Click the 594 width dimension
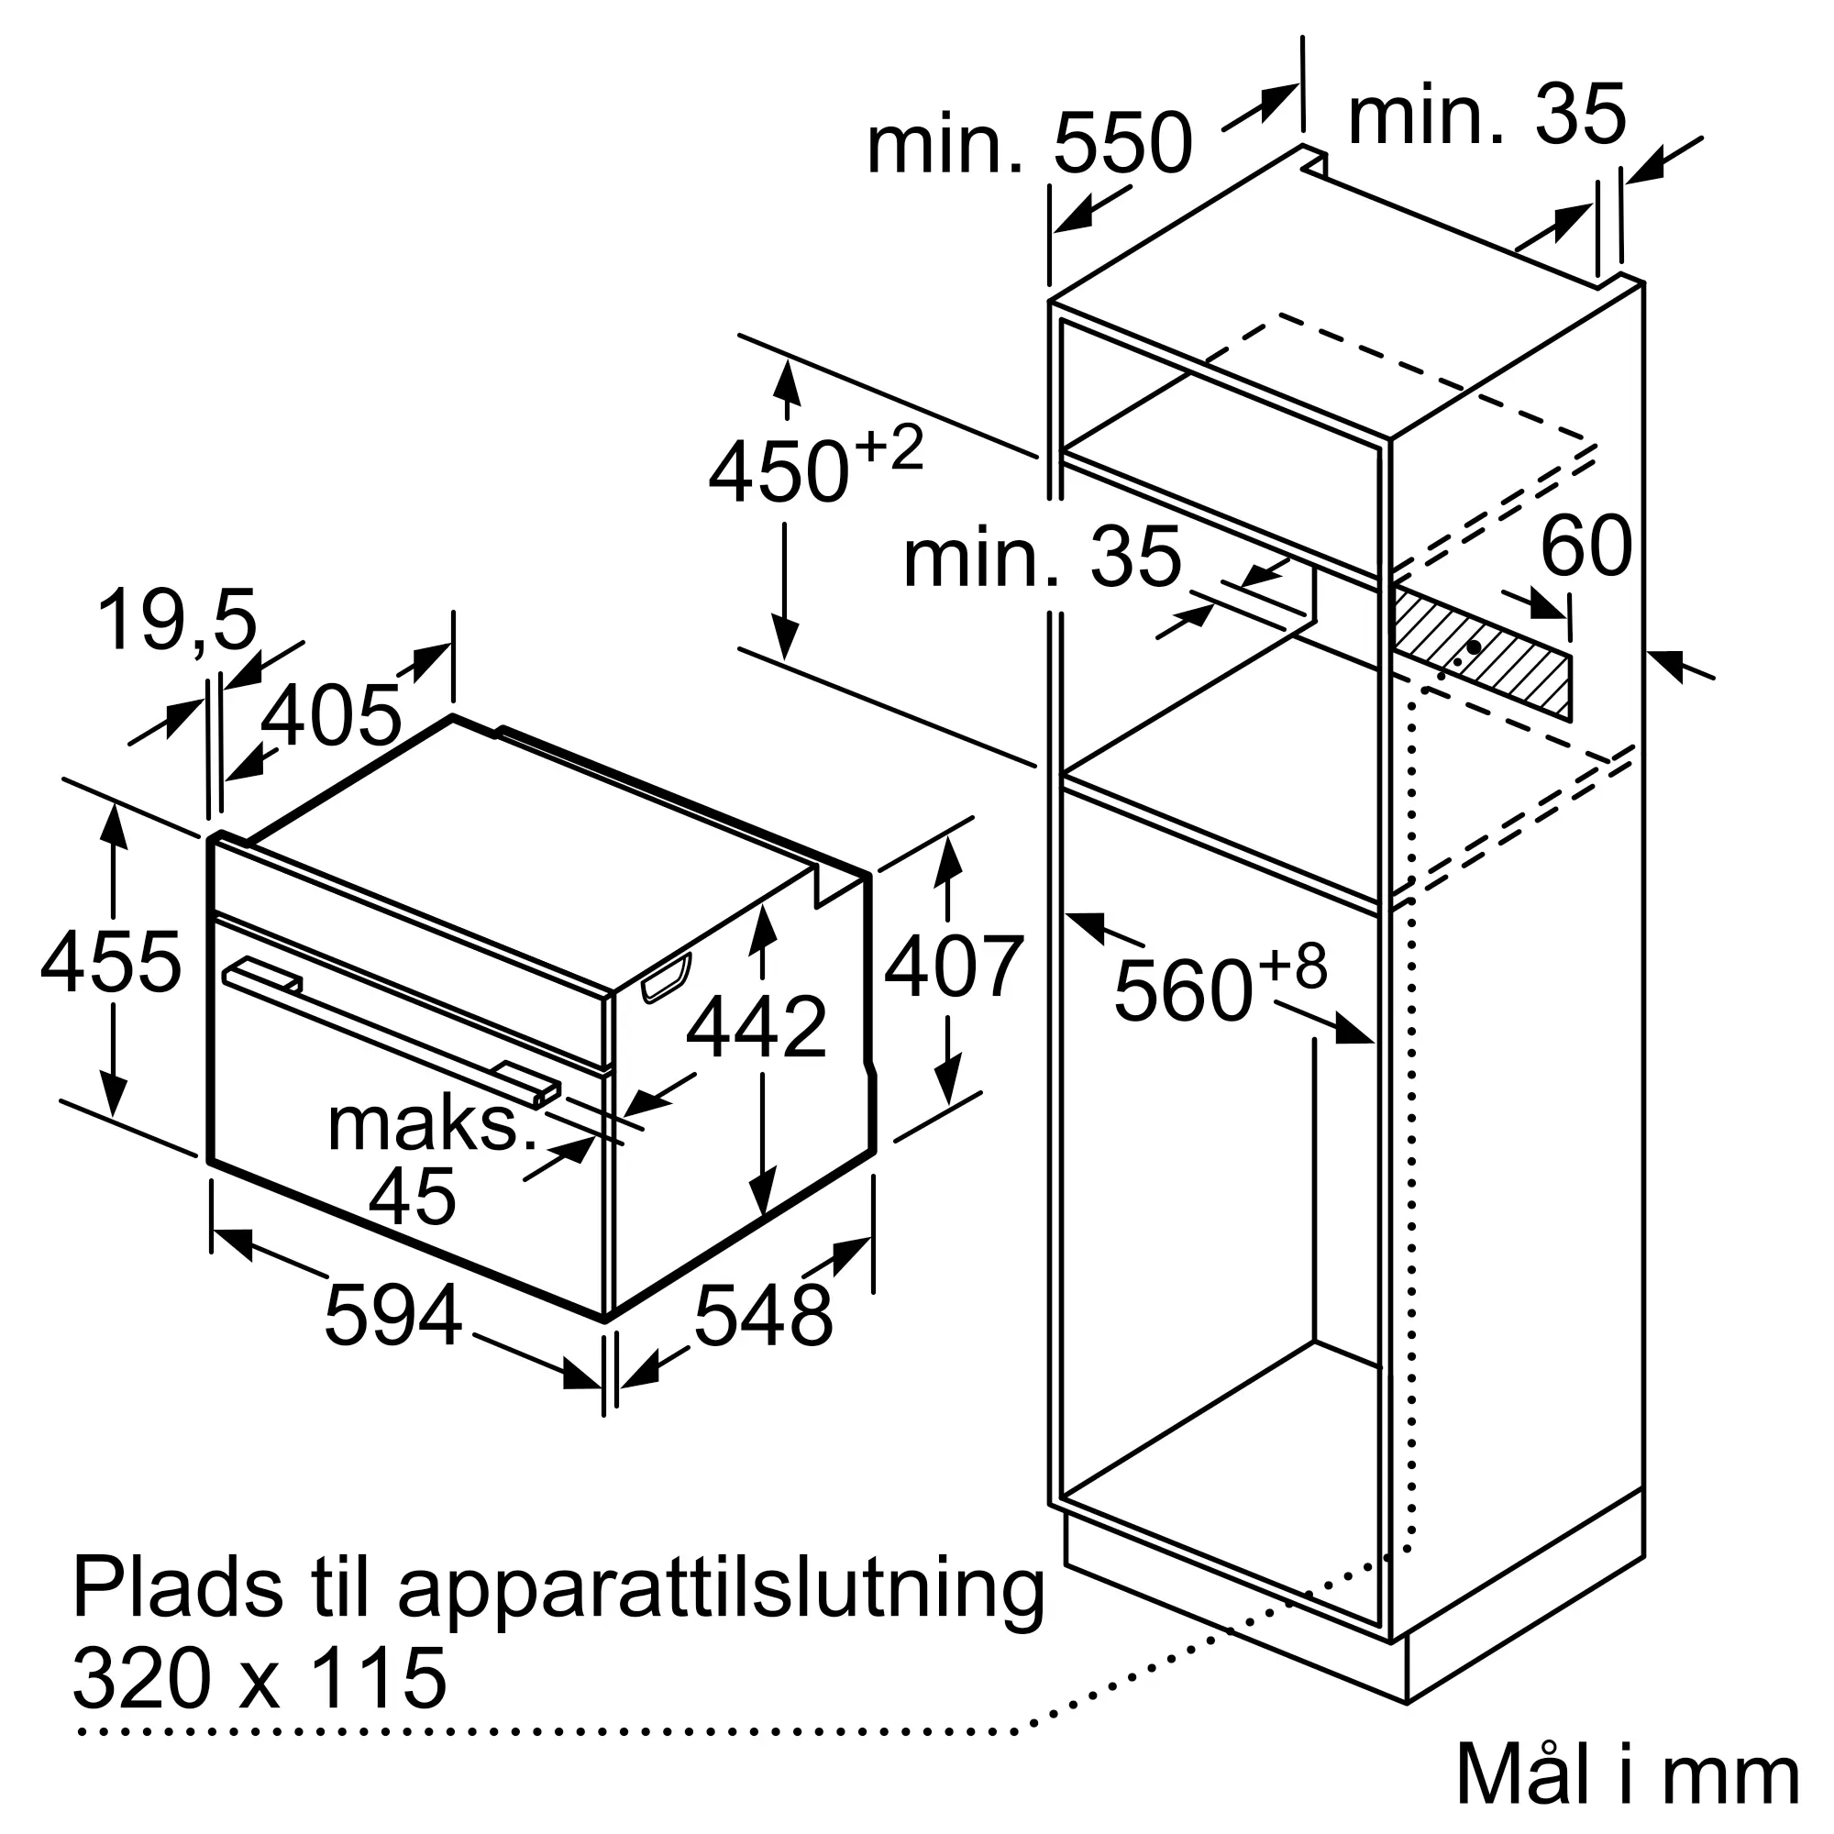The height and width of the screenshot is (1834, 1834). point(393,1316)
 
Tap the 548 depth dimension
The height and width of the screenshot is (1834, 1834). point(763,1316)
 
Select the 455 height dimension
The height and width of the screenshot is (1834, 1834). point(110,963)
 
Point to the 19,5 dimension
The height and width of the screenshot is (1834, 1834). point(178,620)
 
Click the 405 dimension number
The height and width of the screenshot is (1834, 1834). point(331,716)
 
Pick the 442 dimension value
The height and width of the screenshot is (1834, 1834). point(757,1027)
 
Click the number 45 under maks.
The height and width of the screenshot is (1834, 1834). point(412,1196)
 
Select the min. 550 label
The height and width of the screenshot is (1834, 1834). point(1029,143)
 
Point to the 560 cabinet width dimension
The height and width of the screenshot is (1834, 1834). point(1183,991)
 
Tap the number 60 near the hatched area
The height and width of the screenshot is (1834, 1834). point(1585,546)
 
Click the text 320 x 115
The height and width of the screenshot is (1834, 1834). point(260,1677)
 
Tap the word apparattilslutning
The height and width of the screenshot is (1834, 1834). point(722,1590)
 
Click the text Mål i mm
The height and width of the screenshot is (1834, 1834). point(1627,1773)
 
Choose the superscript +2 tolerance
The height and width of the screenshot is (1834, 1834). point(889,448)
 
